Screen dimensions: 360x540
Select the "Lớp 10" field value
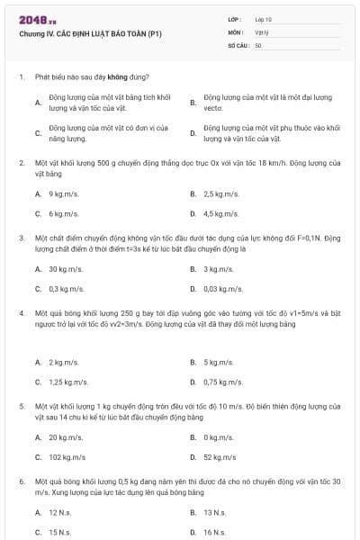(264, 19)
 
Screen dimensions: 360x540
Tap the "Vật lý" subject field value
(262, 31)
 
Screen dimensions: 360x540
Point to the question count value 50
(258, 44)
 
